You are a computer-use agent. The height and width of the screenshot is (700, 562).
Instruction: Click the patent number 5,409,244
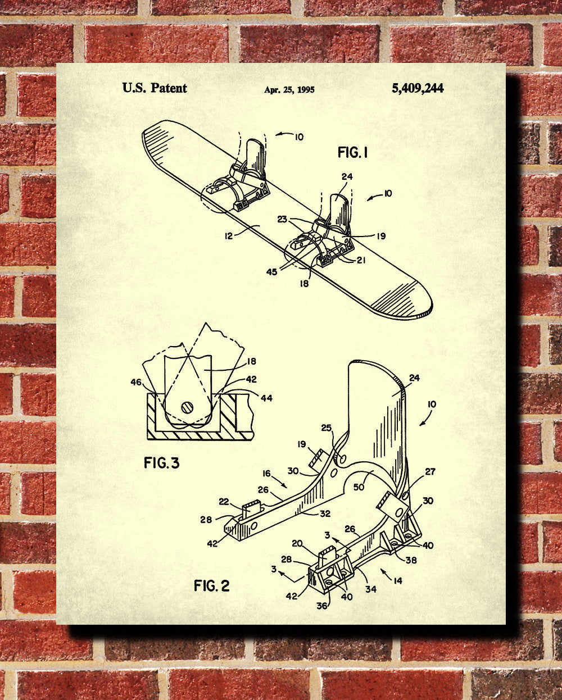pos(418,88)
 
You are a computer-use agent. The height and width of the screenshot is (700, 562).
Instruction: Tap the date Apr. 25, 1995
pos(289,90)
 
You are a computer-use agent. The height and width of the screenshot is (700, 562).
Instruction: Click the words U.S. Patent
pos(155,88)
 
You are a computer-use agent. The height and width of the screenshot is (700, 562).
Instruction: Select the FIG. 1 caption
pos(352,152)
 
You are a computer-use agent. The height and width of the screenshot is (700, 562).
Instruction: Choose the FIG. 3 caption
pos(161,462)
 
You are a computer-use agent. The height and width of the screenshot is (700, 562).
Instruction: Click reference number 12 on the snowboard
pos(229,236)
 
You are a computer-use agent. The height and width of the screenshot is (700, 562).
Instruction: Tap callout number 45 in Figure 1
pos(271,271)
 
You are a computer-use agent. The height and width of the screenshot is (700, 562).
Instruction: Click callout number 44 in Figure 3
pos(266,398)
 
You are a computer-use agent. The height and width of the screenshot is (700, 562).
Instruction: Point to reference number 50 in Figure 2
pos(359,487)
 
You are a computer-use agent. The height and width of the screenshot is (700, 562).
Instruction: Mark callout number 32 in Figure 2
pos(325,513)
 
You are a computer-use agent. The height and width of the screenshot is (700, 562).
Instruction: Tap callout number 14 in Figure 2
pos(398,580)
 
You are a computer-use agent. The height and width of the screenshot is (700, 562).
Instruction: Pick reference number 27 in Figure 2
pos(430,472)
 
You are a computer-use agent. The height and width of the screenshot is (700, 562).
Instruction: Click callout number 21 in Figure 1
pos(361,260)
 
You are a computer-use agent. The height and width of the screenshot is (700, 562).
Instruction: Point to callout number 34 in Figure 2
pos(371,589)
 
